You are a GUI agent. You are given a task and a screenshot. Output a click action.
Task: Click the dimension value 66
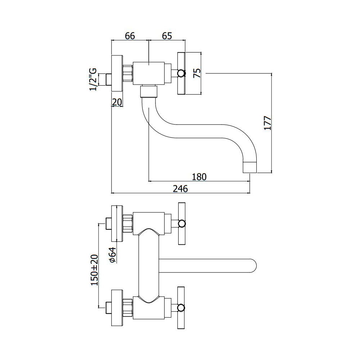130,36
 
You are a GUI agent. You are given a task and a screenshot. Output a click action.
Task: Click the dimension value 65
167,36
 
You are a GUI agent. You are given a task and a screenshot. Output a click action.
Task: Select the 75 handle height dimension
197,73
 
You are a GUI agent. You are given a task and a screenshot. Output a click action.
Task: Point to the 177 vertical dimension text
267,123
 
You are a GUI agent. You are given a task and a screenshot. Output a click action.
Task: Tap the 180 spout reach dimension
199,177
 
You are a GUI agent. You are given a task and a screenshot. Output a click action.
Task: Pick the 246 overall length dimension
180,189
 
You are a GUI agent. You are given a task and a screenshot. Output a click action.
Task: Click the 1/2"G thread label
93,80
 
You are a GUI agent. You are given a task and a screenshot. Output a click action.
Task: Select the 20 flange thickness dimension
117,102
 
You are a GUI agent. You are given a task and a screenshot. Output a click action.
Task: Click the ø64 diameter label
113,255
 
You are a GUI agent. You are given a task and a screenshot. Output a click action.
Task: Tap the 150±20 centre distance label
95,270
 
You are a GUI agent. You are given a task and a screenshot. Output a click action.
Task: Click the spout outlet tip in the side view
250,167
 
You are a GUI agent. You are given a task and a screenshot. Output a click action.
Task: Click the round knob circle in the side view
181,73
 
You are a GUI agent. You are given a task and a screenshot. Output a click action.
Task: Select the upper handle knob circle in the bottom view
181,224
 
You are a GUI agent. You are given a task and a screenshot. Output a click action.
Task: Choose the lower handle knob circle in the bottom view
181,308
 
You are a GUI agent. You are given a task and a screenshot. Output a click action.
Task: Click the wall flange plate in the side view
117,73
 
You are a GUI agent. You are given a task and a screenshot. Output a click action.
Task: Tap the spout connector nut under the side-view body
149,91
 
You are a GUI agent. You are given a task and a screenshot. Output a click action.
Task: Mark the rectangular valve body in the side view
149,73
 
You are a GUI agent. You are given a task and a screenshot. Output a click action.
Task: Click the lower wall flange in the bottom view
117,308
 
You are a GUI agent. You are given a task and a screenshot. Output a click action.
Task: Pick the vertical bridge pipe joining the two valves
149,266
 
